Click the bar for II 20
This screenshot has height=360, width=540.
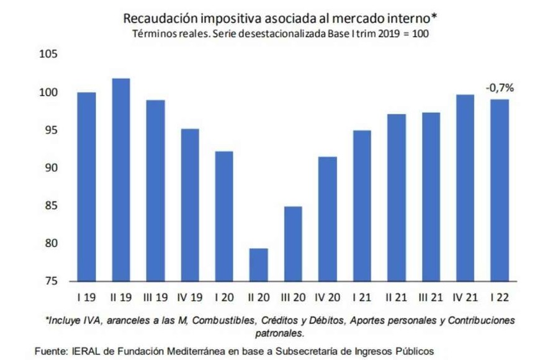(x=258, y=264)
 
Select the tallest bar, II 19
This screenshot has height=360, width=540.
(x=120, y=179)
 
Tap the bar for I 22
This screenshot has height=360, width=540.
(x=499, y=190)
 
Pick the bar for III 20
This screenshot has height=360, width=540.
(x=293, y=243)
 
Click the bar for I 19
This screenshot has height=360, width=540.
(x=86, y=186)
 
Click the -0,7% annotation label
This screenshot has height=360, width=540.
(x=499, y=88)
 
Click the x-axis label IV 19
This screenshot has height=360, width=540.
(x=189, y=298)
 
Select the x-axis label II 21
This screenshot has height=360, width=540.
(x=396, y=298)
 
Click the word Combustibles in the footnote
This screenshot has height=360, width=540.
(x=219, y=320)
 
